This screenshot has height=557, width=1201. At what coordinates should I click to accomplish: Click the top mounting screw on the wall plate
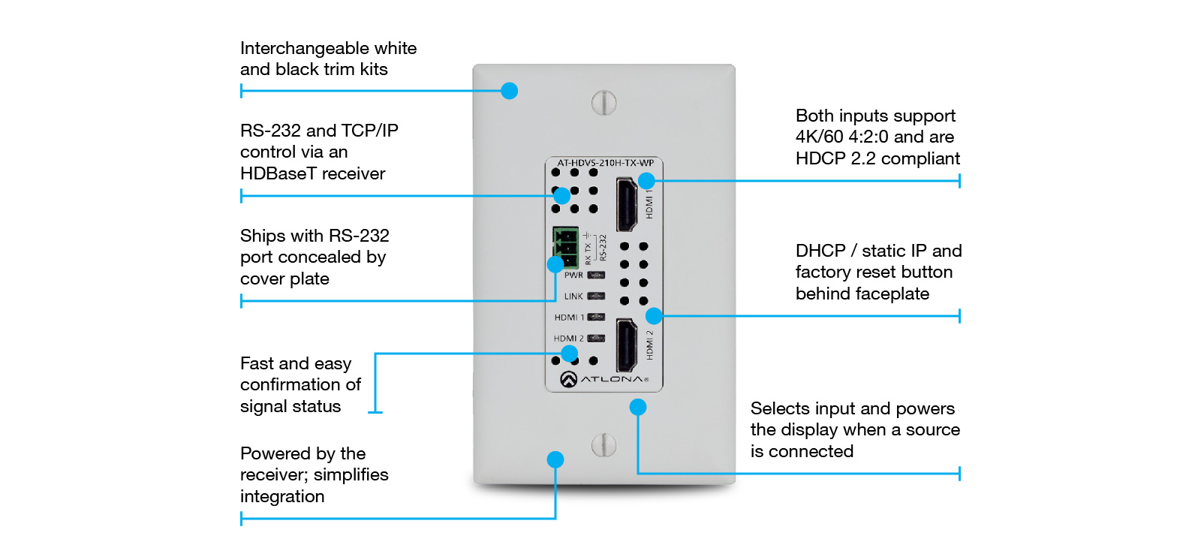pos(604,103)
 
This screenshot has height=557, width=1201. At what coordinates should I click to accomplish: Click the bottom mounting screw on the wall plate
pos(604,445)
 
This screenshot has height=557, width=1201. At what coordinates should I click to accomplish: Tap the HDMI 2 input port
pos(626,345)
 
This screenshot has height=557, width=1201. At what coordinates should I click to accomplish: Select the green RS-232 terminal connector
pos(565,247)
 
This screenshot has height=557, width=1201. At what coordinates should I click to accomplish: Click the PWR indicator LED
pos(596,275)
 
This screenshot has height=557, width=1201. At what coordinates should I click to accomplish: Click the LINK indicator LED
pos(596,297)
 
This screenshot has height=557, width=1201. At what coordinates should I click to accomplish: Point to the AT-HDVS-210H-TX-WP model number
pos(605,163)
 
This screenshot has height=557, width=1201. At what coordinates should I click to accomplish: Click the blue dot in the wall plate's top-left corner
pos(510,91)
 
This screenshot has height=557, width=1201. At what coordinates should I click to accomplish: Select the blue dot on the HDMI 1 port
pos(646,181)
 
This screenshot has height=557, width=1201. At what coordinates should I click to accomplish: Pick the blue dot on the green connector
pos(555,264)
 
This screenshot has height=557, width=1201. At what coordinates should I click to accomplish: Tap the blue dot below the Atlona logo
pos(638,407)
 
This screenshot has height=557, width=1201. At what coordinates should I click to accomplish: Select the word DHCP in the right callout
pos(820,251)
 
